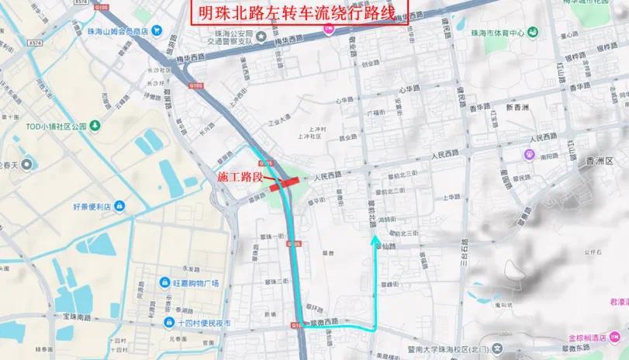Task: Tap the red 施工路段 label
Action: click(240, 178)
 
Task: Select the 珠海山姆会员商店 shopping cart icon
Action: click(157, 31)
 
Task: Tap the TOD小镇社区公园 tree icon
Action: click(95, 125)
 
